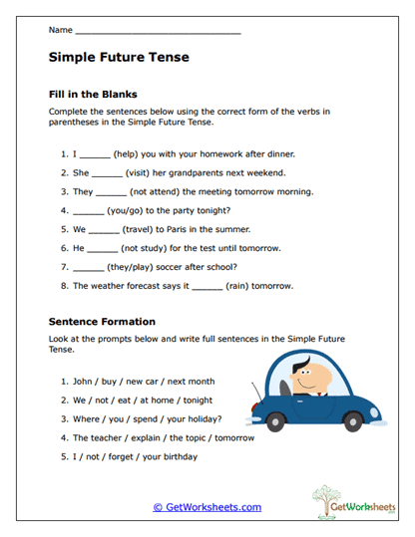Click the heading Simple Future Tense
point(119,58)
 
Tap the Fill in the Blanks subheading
point(93,94)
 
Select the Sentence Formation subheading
point(102,322)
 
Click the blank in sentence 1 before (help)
point(95,155)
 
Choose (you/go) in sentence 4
point(132,210)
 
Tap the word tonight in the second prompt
point(205,401)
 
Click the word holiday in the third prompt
point(201,418)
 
